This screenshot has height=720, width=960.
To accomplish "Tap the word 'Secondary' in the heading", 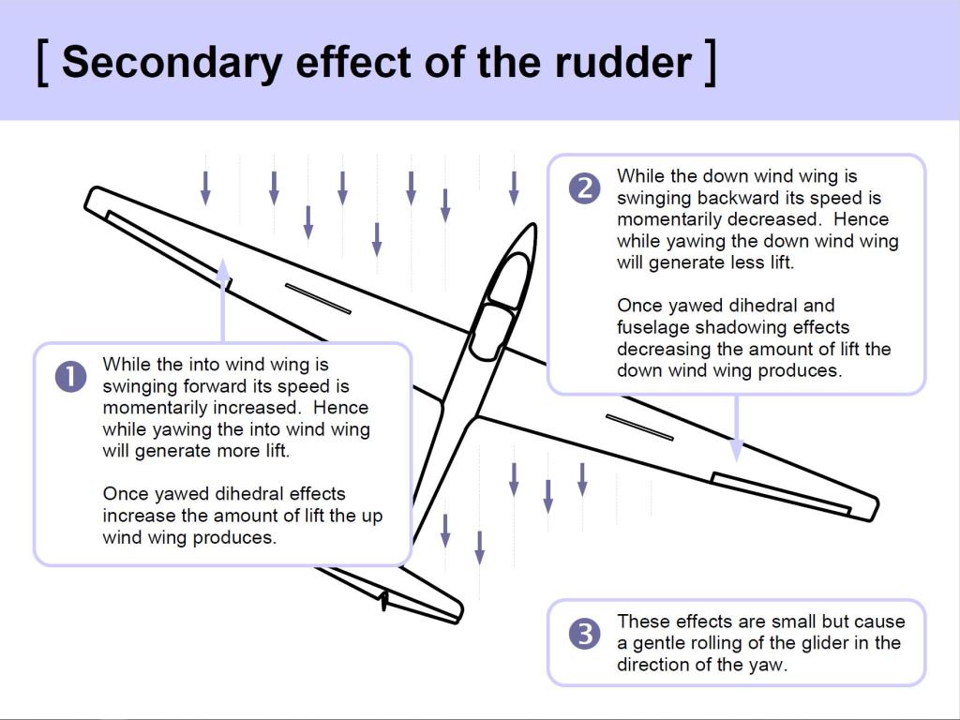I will click(171, 62).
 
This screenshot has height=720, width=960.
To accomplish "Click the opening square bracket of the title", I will click(42, 62).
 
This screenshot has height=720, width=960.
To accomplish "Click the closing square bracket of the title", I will click(711, 62).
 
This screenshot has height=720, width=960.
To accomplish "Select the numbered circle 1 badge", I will click(71, 377).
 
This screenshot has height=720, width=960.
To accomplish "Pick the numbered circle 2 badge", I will click(584, 188).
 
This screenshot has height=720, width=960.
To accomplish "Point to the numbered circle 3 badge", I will click(584, 634).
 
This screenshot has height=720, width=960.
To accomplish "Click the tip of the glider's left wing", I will click(94, 199).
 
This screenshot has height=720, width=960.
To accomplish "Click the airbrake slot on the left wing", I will click(318, 298).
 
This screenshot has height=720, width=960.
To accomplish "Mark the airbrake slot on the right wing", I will click(639, 427).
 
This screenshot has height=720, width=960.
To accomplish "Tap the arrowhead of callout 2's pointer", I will click(737, 452).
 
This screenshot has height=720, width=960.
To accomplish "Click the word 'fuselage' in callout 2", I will click(648, 327).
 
